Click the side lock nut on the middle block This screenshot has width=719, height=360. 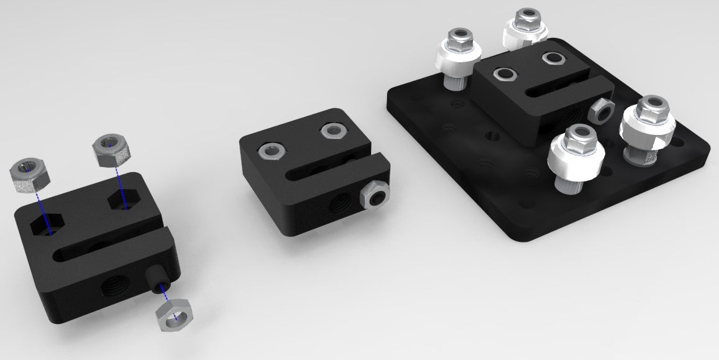click(374, 196)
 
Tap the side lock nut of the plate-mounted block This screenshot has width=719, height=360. click(600, 111)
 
